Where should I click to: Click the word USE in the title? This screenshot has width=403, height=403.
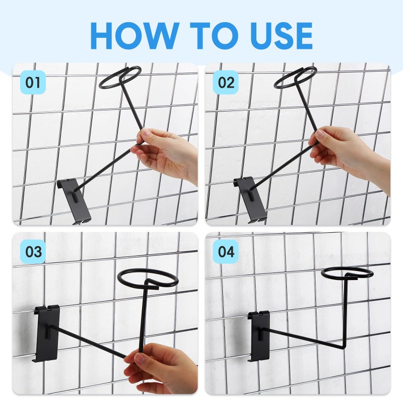[274, 36]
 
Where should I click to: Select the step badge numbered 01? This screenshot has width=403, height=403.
[33, 83]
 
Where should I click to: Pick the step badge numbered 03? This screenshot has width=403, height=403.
[33, 251]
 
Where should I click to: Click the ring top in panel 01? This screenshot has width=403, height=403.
[120, 77]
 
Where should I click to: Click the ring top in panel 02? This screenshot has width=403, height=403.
[295, 77]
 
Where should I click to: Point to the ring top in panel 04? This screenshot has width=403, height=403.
[347, 274]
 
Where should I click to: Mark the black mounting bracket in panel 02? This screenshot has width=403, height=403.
[251, 199]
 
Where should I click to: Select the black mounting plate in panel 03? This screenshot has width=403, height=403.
[46, 332]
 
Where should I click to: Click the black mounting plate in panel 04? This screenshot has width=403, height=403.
[258, 335]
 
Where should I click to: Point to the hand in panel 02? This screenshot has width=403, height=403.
[343, 151]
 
